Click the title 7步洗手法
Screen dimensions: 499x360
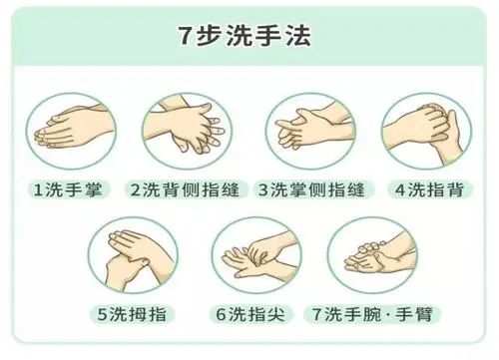click(245, 35)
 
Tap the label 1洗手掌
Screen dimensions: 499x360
click(68, 189)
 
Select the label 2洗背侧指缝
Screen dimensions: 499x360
click(185, 189)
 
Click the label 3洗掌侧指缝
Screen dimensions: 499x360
click(311, 189)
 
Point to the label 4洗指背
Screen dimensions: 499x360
click(429, 189)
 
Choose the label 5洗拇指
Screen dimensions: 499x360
click(132, 314)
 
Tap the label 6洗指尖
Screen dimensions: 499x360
click(250, 314)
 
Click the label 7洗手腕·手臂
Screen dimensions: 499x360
click(372, 314)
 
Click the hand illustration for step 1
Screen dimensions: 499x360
click(71, 131)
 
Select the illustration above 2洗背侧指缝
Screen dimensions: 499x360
click(188, 131)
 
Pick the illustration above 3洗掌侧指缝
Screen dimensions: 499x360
click(310, 131)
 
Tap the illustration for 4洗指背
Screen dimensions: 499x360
click(426, 131)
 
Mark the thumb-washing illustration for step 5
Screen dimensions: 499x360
click(133, 255)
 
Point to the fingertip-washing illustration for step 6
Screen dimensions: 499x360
click(256, 255)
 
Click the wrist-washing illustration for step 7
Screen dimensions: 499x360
click(372, 255)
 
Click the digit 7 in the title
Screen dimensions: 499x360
click(185, 36)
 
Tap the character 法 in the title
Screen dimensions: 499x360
click(299, 35)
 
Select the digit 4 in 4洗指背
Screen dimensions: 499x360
click(400, 190)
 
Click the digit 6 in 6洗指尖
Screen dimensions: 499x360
click(221, 314)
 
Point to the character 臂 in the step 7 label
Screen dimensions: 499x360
click(424, 314)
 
